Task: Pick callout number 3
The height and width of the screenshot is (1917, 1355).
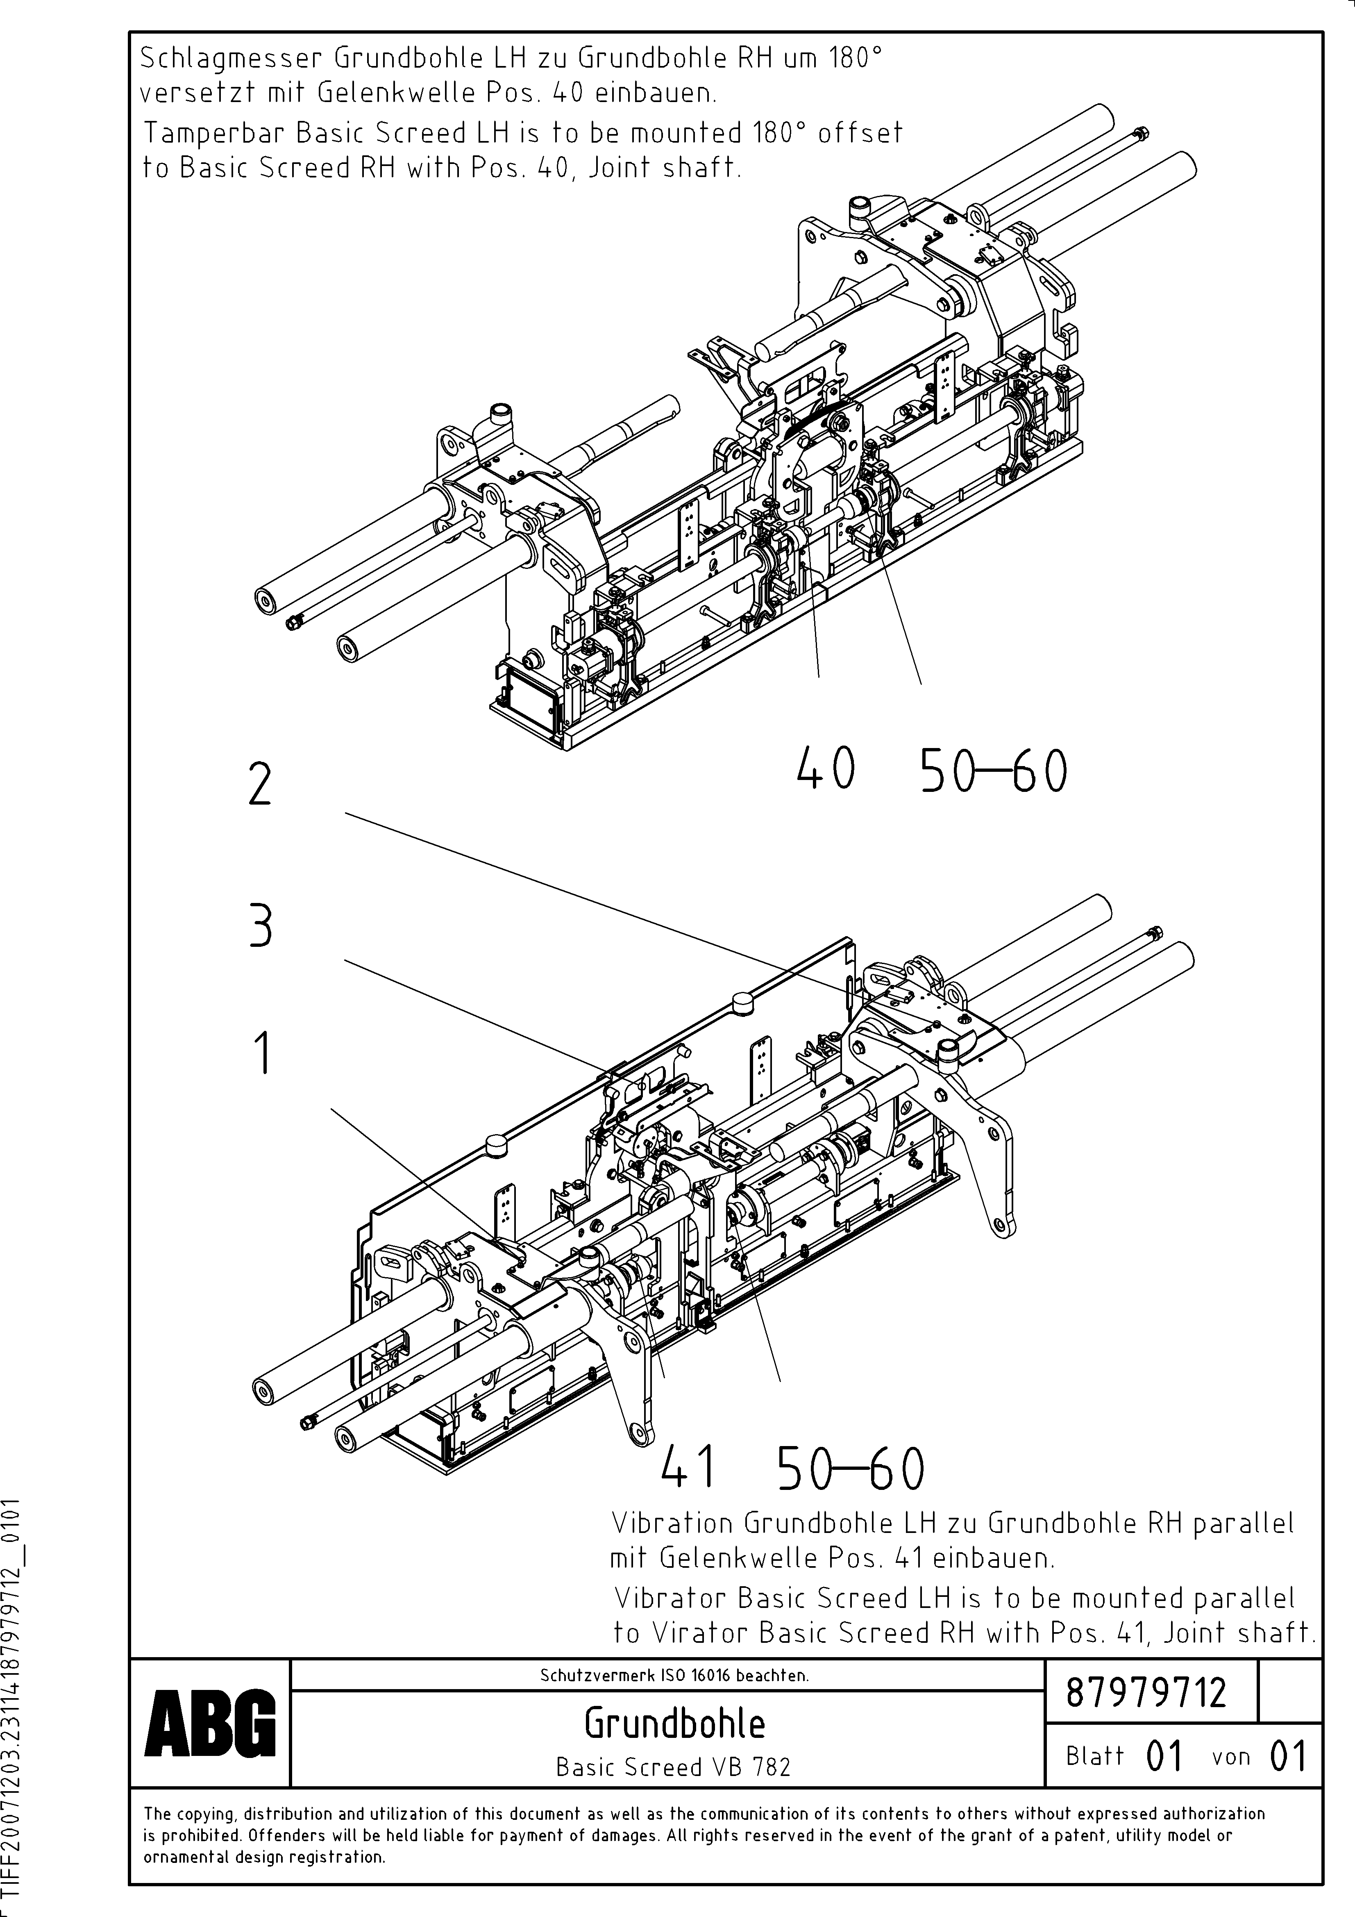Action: [x=261, y=928]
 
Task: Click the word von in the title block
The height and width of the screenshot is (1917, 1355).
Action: [x=1230, y=1757]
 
